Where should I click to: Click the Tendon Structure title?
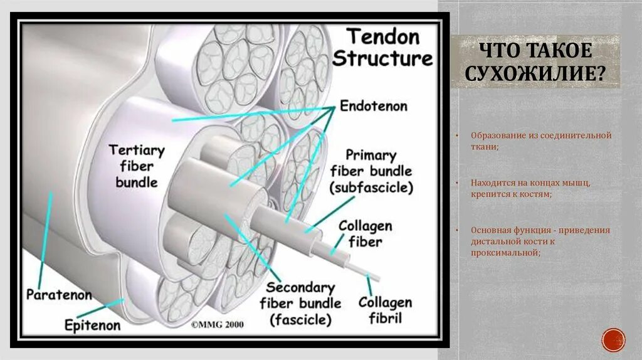coord(382,47)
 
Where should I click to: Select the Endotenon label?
coord(373,106)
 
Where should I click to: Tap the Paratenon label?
coord(59,294)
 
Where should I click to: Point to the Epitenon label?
coord(92,325)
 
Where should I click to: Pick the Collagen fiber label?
coord(366,233)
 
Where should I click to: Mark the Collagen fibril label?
coord(385,310)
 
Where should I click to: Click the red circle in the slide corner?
coord(613,340)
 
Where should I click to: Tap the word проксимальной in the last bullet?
coord(506,252)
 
